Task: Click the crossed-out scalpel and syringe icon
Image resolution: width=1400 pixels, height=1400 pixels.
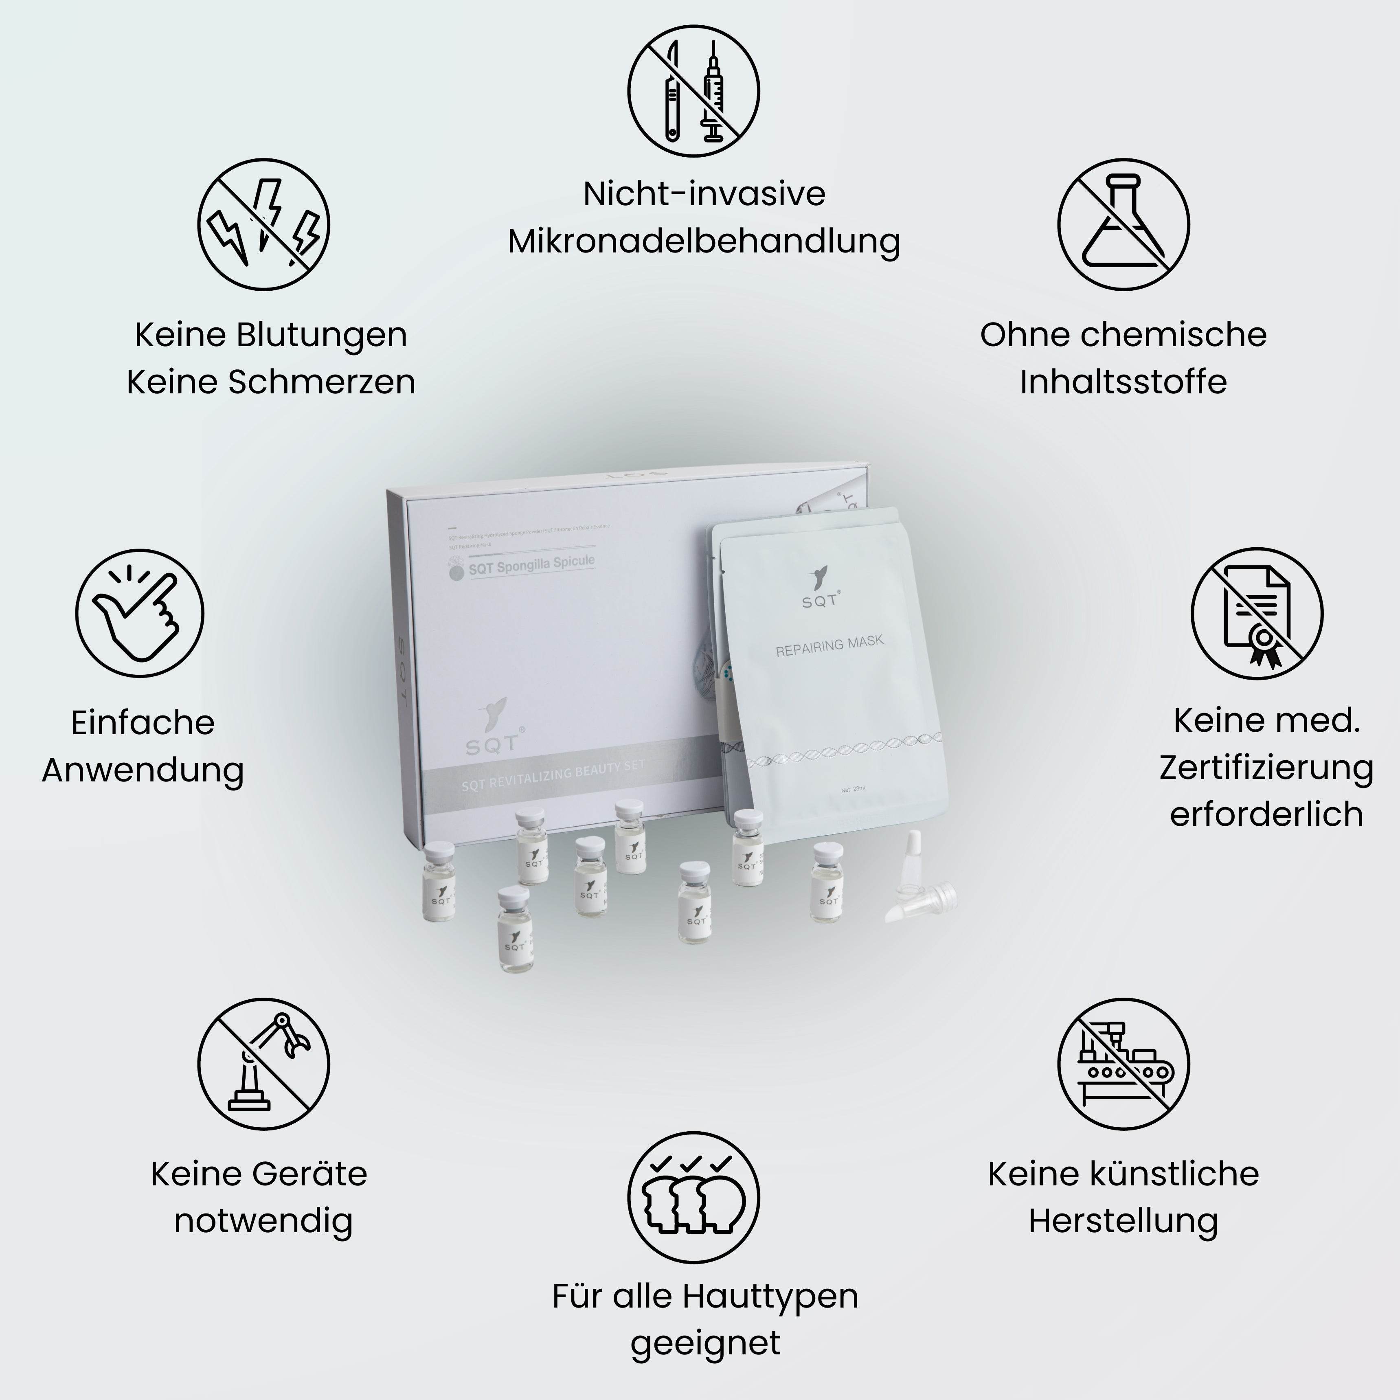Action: point(693,90)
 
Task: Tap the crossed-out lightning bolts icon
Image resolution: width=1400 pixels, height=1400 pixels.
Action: point(264,224)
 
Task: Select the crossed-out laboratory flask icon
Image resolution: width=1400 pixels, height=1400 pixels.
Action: point(1123,224)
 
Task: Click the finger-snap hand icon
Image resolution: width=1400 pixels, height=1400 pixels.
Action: point(140,613)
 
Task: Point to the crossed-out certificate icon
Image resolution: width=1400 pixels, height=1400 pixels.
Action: point(1257,613)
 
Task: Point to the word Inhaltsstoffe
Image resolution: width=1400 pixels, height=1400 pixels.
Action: point(1123,382)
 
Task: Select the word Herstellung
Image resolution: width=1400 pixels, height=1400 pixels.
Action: point(1123,1220)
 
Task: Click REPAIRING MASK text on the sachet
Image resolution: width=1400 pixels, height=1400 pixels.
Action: point(830,646)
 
